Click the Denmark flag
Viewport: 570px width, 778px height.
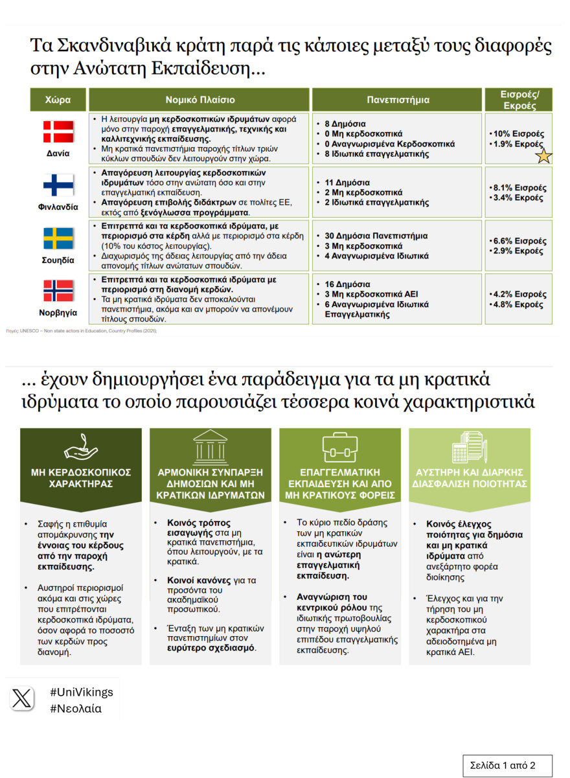[x=58, y=132]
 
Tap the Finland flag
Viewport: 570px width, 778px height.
[x=58, y=185]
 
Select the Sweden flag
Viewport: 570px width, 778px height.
[x=58, y=238]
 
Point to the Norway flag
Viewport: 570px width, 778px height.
[x=58, y=291]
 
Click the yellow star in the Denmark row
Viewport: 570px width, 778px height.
[x=543, y=155]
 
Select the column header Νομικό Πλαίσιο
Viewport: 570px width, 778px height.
[x=199, y=100]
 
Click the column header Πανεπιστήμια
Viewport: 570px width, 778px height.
[x=398, y=100]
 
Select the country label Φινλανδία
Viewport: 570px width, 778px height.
[x=58, y=207]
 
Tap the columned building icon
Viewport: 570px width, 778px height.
[x=211, y=446]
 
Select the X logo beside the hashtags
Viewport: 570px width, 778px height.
[x=23, y=698]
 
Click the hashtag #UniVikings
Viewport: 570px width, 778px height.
[x=82, y=692]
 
